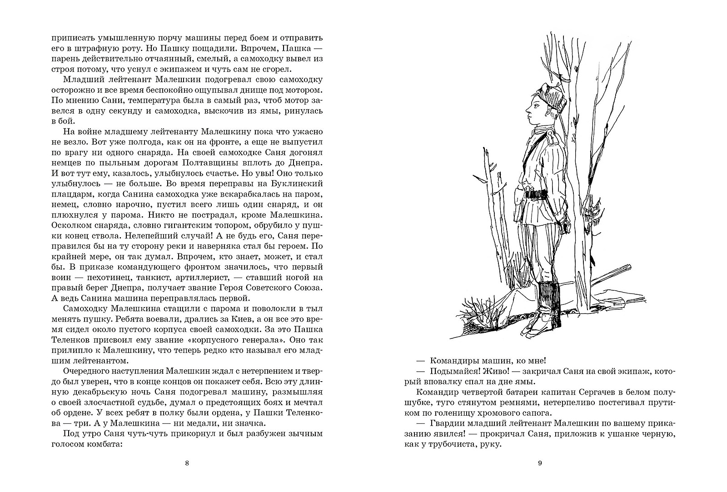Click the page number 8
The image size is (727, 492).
187,463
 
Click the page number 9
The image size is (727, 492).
540,463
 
